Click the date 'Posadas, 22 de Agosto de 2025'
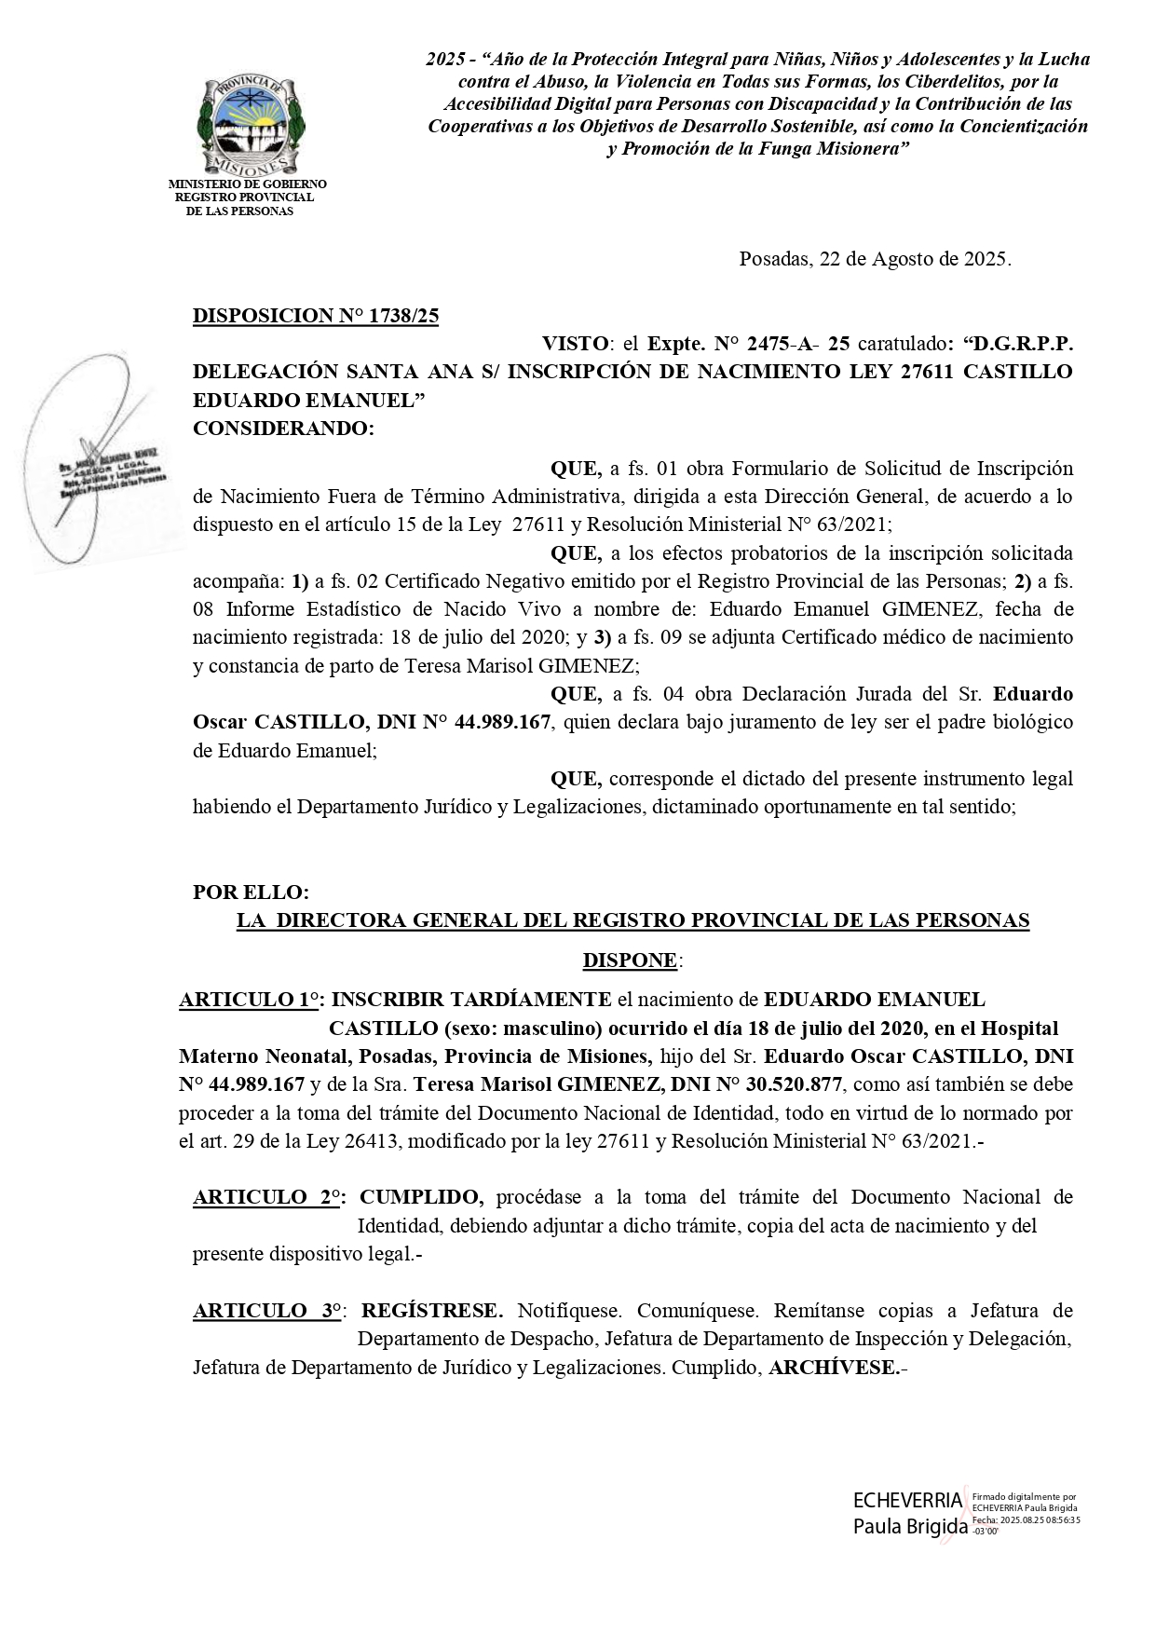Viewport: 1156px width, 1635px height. tap(875, 259)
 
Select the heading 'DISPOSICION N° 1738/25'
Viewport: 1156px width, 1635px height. tap(316, 316)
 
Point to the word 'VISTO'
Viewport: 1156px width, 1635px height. tap(575, 344)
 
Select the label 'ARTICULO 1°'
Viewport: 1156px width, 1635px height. tap(249, 1000)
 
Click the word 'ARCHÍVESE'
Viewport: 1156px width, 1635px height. tap(835, 1368)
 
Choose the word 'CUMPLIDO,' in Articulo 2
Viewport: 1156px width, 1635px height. tap(422, 1197)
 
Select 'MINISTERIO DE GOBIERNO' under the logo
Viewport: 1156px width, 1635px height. tap(247, 184)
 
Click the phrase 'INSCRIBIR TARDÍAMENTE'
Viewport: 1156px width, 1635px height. tap(471, 1000)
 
